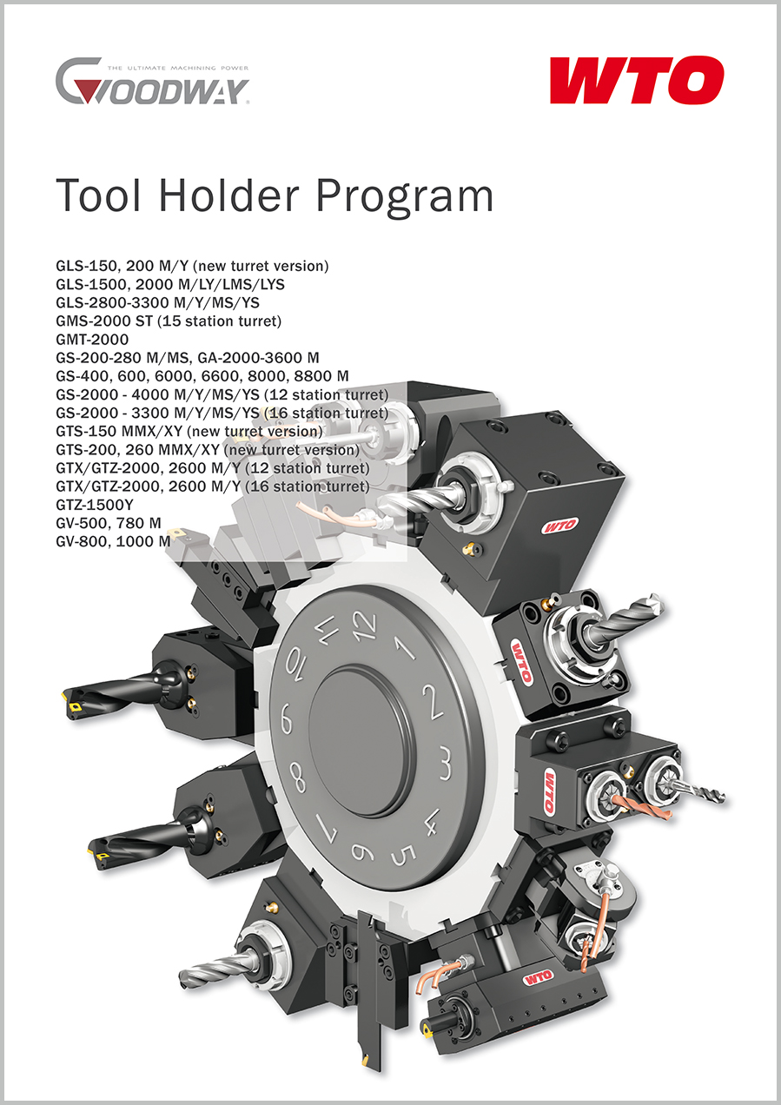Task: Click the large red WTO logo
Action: point(637,80)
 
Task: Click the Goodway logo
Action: point(152,81)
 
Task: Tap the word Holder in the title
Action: point(228,195)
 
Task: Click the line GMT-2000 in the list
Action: point(92,340)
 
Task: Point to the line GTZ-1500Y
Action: point(95,505)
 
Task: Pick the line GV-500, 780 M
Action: point(109,523)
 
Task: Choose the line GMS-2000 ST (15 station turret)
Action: point(169,321)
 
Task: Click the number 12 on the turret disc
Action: point(364,626)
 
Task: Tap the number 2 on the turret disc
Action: point(433,701)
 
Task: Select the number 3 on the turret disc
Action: point(445,764)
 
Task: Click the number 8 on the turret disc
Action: point(297,777)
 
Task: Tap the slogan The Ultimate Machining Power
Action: point(178,68)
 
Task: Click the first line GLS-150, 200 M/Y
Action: point(192,266)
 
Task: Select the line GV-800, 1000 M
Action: point(113,541)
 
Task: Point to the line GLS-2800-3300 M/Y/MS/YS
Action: point(157,302)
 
